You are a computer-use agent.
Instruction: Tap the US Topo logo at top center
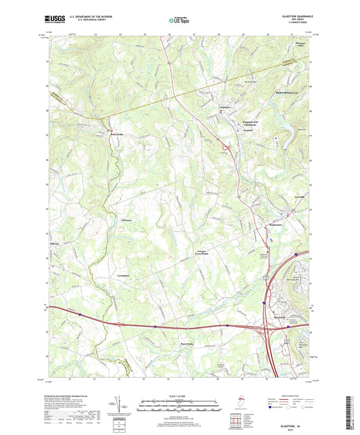[x=179, y=21]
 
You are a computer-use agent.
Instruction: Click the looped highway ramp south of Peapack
[x=224, y=144]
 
